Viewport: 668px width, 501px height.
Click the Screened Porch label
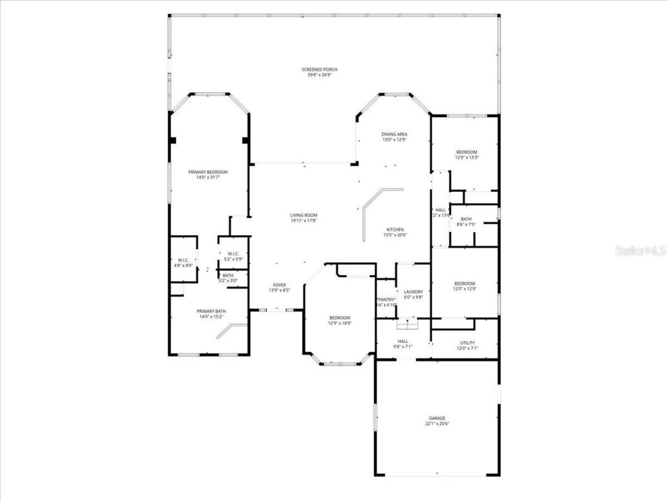(319, 69)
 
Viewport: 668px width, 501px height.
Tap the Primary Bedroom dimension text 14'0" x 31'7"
(208, 177)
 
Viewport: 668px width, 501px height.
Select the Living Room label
(304, 215)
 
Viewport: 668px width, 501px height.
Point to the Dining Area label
(394, 134)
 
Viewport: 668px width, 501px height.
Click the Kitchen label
(395, 230)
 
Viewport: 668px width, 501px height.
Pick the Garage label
(437, 418)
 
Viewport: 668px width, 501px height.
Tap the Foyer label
(279, 285)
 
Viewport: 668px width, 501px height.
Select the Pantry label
(387, 299)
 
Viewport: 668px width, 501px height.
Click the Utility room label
(467, 343)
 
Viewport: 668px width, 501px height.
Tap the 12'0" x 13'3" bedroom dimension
(467, 158)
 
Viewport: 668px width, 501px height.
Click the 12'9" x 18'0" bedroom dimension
(339, 323)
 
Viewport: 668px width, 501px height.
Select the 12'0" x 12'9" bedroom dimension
(464, 289)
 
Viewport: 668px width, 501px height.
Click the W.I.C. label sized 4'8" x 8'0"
(183, 260)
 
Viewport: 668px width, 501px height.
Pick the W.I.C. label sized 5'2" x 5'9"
(233, 254)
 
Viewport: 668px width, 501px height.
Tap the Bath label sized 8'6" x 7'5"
(466, 219)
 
